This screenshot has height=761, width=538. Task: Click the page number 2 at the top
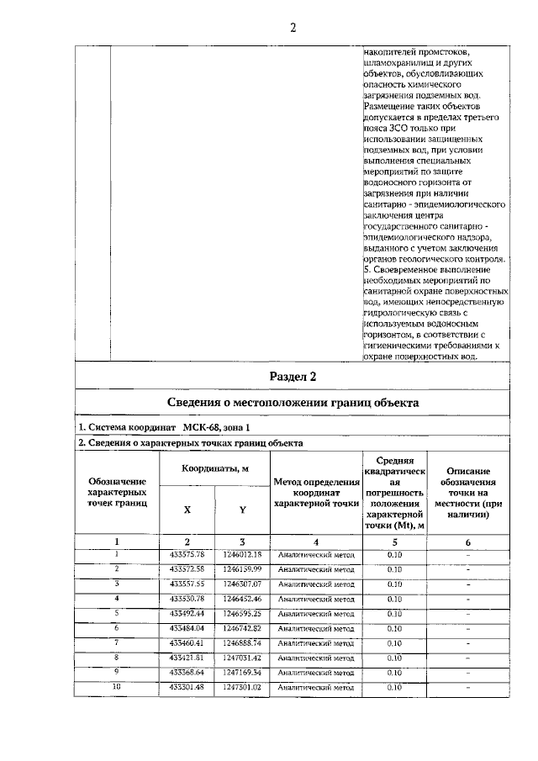[293, 28]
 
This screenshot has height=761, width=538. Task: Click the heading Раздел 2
[293, 376]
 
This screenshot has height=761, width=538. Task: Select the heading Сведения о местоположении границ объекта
[293, 402]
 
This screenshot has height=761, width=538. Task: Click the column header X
[187, 510]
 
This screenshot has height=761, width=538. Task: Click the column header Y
[242, 510]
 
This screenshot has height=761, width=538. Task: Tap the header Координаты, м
[214, 468]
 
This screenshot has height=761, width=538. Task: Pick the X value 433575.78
[187, 555]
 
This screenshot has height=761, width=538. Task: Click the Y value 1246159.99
[242, 569]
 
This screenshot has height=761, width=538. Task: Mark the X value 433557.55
[187, 584]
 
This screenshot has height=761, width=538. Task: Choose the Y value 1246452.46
[242, 599]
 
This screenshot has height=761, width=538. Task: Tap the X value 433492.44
[187, 614]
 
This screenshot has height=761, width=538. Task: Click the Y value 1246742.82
[242, 628]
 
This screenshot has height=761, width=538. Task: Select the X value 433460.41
[187, 643]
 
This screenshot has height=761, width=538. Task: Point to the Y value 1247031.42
[242, 658]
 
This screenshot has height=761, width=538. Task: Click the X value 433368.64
[187, 673]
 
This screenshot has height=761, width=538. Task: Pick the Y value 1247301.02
[242, 688]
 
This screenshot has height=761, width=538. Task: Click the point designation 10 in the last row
[117, 687]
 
